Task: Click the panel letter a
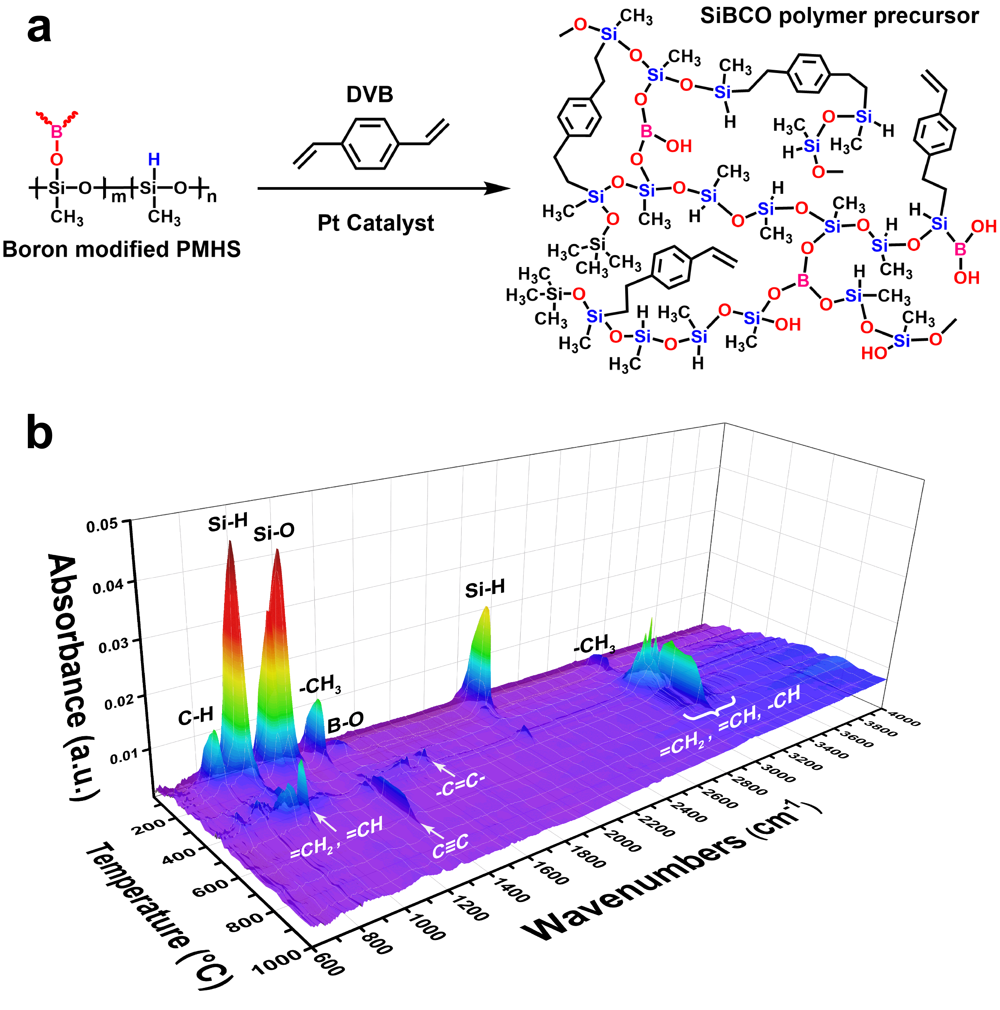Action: coord(39,29)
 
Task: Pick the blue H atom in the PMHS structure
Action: coord(154,159)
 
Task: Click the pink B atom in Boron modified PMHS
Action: coord(56,132)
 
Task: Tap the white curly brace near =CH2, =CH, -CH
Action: coord(710,708)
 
